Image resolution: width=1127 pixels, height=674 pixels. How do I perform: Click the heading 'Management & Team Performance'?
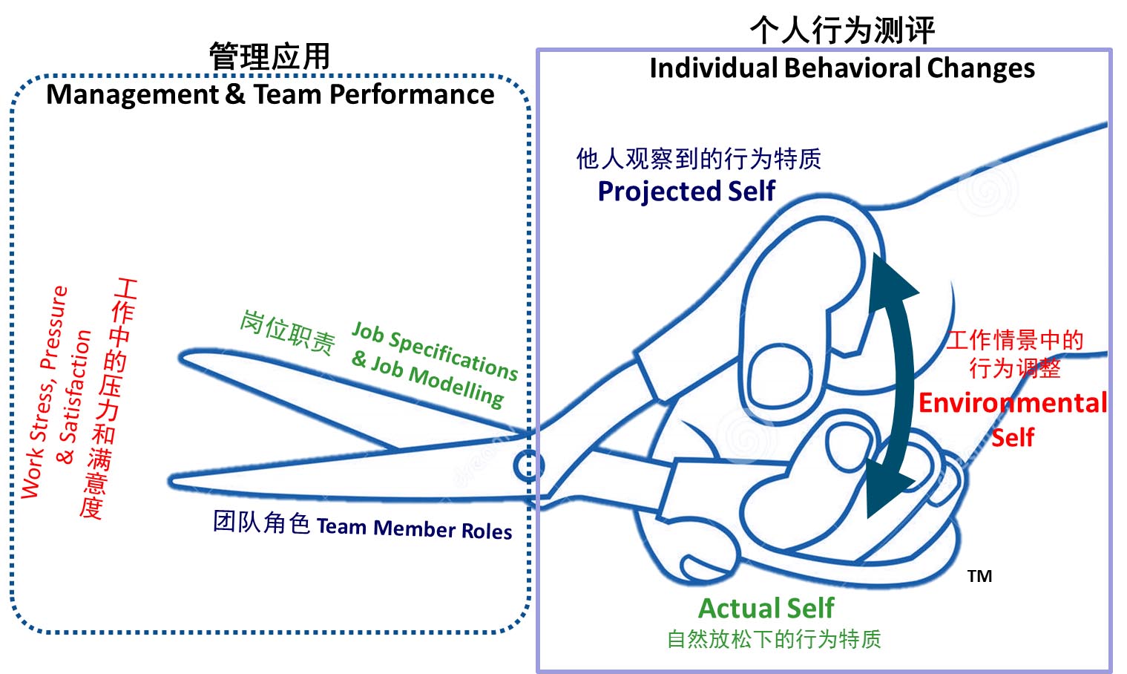270,95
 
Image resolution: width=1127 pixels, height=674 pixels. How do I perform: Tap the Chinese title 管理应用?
269,57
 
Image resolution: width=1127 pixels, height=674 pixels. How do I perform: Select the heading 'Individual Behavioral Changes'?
842,68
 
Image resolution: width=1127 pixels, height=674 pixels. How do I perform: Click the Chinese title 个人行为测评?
842,30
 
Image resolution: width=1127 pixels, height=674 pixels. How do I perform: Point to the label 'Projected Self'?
686,192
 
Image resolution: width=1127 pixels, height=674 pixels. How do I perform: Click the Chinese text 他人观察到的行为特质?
699,158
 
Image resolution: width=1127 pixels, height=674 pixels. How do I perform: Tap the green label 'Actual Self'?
766,609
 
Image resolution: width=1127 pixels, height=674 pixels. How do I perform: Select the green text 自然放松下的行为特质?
774,639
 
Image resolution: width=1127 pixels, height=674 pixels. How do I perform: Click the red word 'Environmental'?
1013,403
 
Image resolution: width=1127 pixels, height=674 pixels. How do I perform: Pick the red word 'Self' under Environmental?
1013,437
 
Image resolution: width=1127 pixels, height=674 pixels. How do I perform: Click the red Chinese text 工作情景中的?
1015,340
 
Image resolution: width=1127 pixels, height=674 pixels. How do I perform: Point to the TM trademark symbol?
979,576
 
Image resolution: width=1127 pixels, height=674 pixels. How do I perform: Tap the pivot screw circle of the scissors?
528,465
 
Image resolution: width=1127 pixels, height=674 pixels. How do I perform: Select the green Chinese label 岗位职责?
287,332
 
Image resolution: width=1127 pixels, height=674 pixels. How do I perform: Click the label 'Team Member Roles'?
414,529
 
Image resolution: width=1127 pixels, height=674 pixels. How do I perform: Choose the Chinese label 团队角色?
261,522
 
